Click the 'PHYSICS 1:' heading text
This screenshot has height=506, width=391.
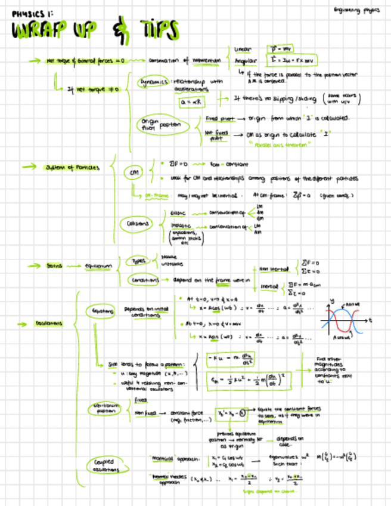[32, 11]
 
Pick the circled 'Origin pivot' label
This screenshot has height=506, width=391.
[148, 124]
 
